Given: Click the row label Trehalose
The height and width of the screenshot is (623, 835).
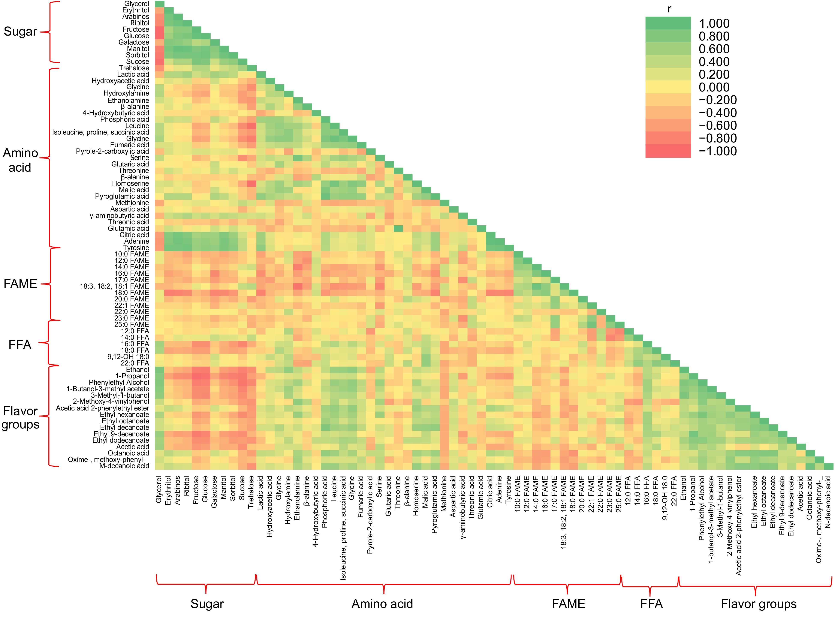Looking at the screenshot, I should (x=134, y=68).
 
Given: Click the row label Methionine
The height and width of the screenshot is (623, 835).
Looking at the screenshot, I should (x=132, y=202).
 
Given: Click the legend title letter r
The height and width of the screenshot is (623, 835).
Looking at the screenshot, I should (x=669, y=9).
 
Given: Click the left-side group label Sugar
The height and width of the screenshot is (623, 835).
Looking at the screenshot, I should (x=20, y=31).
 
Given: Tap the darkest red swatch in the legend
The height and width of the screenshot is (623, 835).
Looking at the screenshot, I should (x=668, y=151).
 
